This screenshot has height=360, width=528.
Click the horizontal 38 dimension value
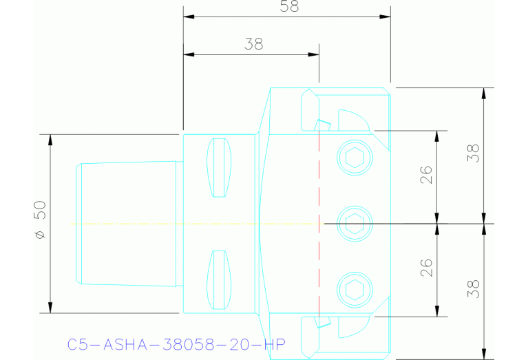click(253, 45)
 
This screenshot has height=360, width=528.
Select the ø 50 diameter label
click(39, 220)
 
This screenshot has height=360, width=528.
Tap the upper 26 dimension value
click(426, 176)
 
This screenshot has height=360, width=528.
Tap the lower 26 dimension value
click(426, 268)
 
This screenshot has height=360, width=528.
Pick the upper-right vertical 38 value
click(474, 153)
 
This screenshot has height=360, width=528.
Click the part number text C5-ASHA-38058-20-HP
click(176, 344)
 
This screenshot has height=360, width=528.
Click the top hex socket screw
click(355, 158)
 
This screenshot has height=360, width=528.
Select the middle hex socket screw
click(355, 223)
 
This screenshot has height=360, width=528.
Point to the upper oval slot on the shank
click(219, 167)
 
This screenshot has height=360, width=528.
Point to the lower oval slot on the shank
click(219, 279)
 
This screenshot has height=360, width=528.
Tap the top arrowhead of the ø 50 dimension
click(50, 139)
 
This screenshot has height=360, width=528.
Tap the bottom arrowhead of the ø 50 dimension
click(50, 308)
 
